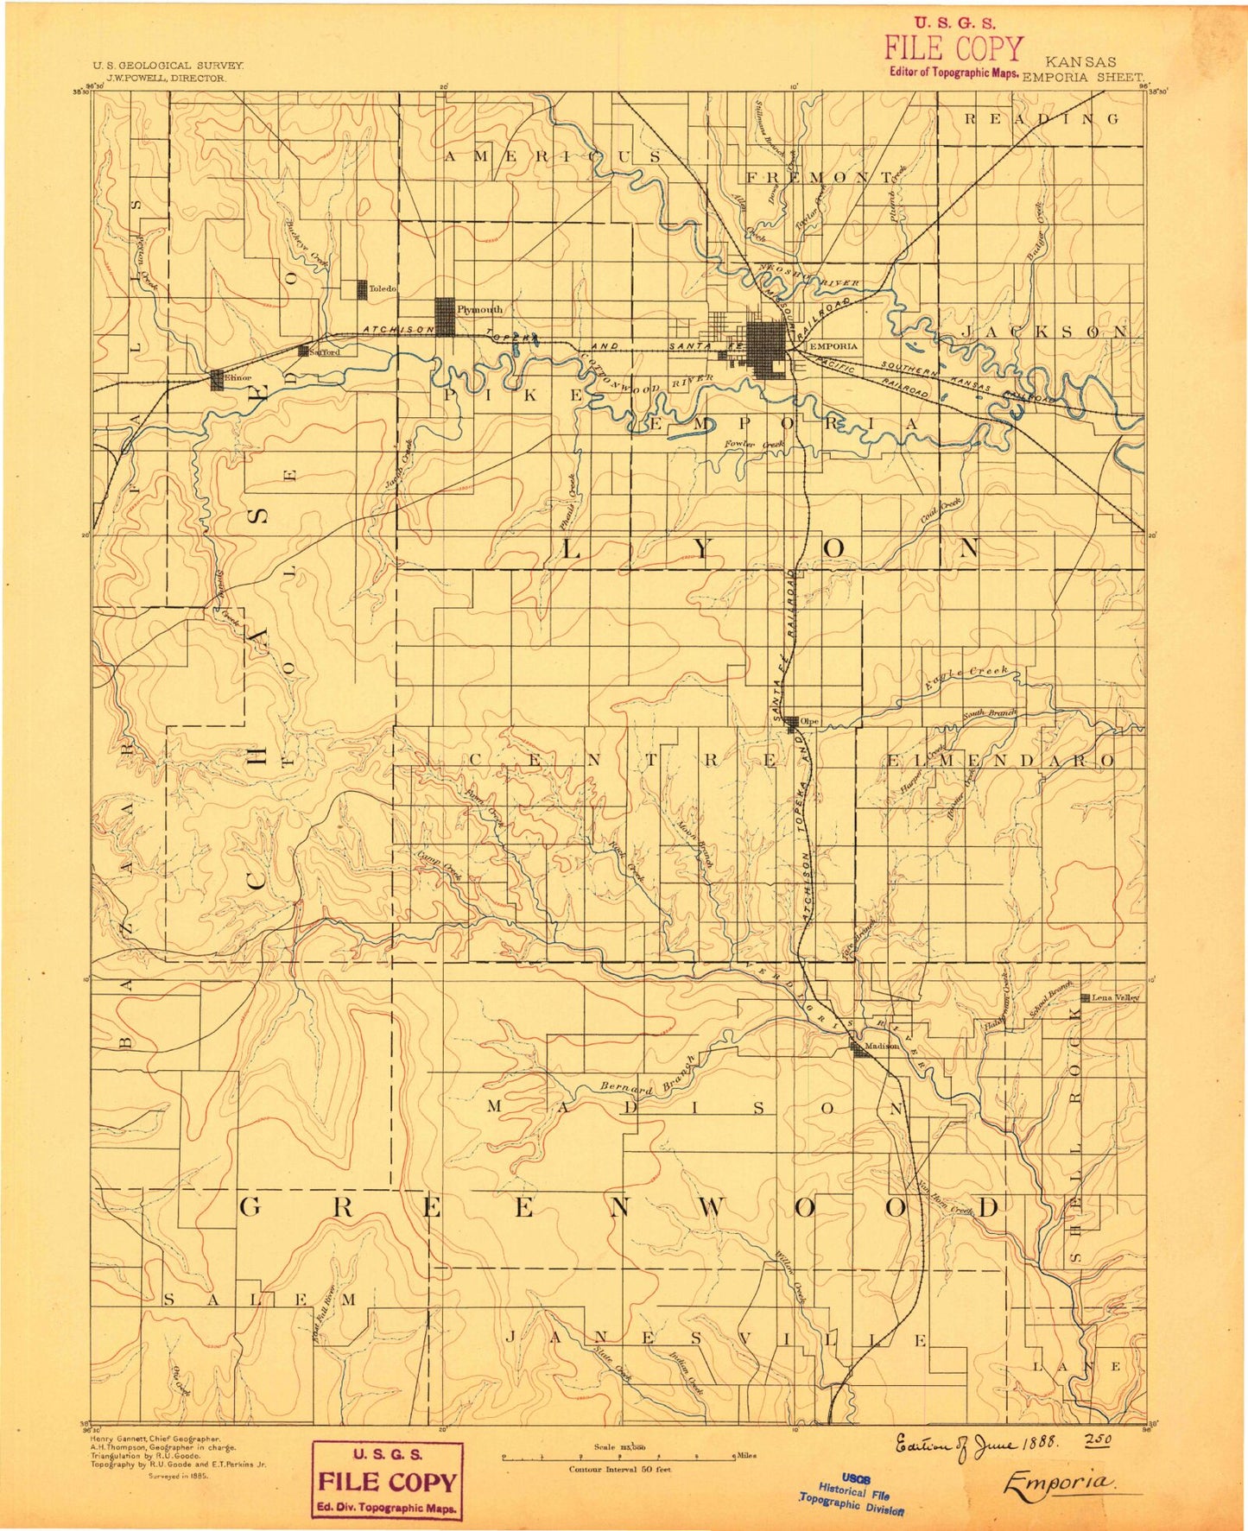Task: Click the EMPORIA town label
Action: (833, 346)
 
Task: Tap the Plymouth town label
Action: (479, 309)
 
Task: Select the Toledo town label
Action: (382, 288)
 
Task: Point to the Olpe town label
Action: (809, 721)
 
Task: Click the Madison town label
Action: (882, 1046)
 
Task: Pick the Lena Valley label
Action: (1115, 997)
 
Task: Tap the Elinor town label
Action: (238, 378)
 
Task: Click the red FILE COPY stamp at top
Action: (953, 52)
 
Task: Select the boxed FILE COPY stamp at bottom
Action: (387, 1481)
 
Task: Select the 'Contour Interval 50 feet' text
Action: (619, 1469)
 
